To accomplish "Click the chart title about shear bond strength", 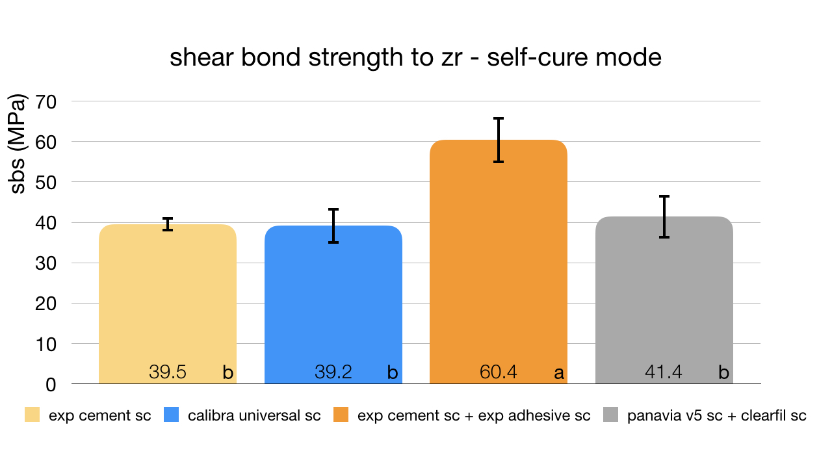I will coord(415,58).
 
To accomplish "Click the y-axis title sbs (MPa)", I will coord(19,144).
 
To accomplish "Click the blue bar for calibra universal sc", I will coord(333,299).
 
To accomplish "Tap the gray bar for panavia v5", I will coord(664,299).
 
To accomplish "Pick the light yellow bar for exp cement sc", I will coord(168,299).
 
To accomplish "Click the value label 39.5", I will coord(168,372).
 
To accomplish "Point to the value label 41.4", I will coord(664,372).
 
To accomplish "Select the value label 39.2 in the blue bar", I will coord(333,372).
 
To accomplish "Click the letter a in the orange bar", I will coord(558,373).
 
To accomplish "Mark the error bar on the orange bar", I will coord(499,140).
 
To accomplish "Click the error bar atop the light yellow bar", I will coord(168,224).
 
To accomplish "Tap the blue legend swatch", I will coord(172,415).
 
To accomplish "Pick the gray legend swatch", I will coord(611,415).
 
